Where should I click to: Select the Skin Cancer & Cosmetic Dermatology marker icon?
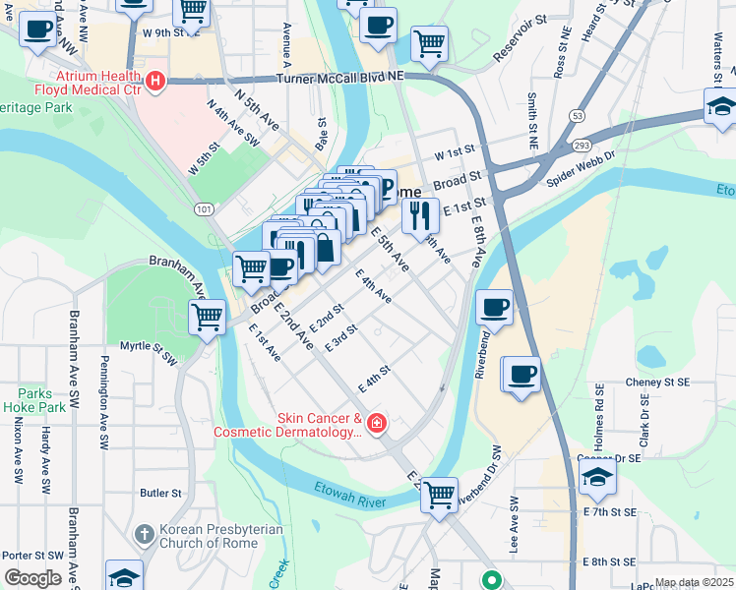pos(376,423)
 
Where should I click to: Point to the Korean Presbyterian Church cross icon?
pos(145,534)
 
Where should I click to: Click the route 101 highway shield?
pos(204,209)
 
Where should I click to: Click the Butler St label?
pos(161,493)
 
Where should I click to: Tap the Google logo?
pos(32,578)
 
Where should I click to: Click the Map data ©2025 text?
pos(694,582)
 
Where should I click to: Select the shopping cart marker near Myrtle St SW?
pos(208,317)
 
